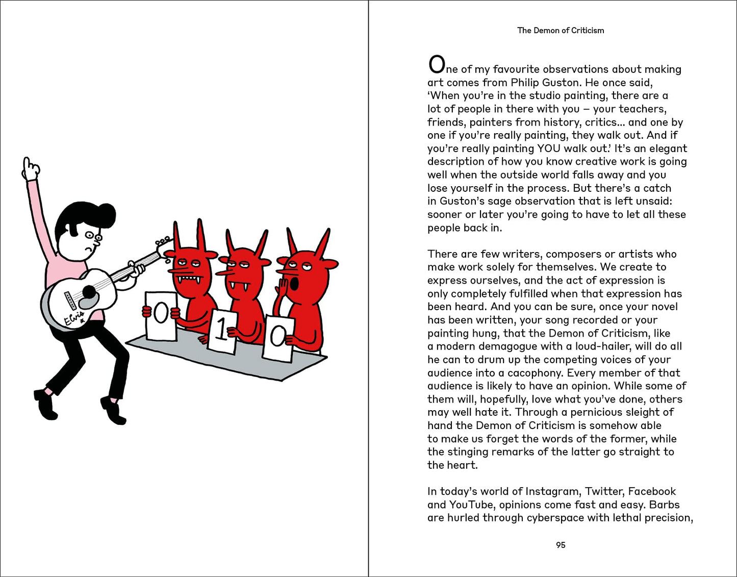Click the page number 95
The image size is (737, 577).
tap(561, 545)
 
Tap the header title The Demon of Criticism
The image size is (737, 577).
tap(561, 31)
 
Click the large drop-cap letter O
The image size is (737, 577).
tap(437, 65)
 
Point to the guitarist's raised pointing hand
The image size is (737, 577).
tap(31, 168)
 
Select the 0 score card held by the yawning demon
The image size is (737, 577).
tap(278, 337)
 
